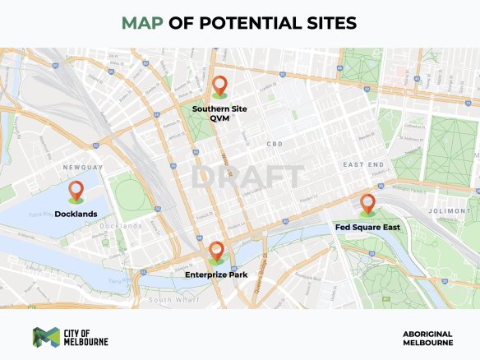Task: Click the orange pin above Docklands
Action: (76, 191)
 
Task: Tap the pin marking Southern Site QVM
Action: (219, 85)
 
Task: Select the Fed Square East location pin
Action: (367, 204)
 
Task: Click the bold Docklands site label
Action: (76, 214)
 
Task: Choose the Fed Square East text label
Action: (367, 226)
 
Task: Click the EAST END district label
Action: (364, 164)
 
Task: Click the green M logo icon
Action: (44, 336)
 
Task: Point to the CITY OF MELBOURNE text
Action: (85, 336)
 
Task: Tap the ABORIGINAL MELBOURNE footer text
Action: (427, 337)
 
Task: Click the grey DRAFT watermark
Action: (247, 176)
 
